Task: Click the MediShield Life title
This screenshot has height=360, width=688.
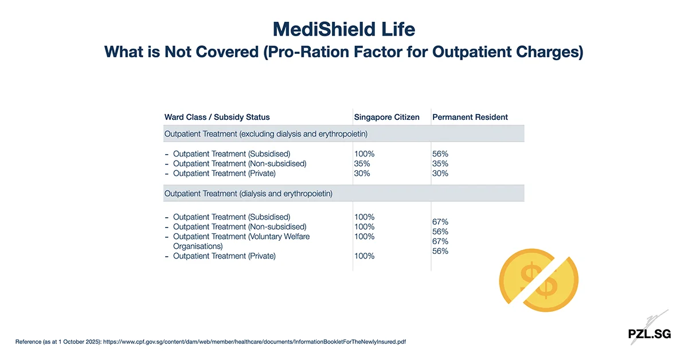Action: tap(343, 29)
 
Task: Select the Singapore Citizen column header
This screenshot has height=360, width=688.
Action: tap(386, 117)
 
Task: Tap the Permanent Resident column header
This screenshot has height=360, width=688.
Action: tap(470, 117)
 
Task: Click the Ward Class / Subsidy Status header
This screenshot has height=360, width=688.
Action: tap(217, 117)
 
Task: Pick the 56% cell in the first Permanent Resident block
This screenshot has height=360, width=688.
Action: tap(440, 154)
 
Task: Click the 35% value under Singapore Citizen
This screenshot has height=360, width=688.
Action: tap(362, 164)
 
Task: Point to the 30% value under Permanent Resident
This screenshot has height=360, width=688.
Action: tap(440, 174)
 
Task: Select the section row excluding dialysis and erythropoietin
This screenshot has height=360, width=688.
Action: tap(265, 134)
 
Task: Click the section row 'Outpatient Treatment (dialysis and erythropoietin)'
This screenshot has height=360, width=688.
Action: tap(248, 194)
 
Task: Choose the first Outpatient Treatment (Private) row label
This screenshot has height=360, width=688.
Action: tap(224, 174)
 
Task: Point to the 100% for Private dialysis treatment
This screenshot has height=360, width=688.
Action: tap(364, 256)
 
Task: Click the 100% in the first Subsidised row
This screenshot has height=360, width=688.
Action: tap(364, 154)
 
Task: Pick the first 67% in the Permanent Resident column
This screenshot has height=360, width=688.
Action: tap(440, 222)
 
